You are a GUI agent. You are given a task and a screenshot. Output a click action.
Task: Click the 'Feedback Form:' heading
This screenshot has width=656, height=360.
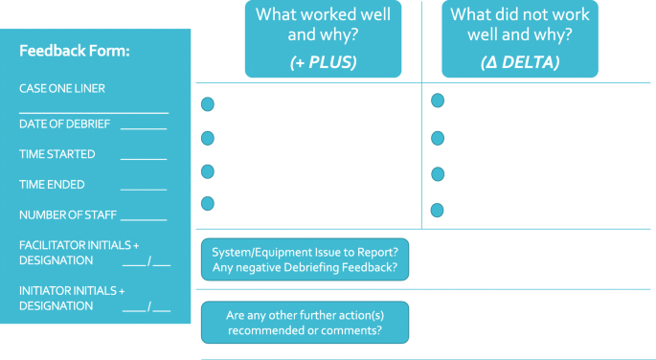pos(75,51)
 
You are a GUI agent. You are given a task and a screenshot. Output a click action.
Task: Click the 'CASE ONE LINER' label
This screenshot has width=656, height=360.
pos(62,88)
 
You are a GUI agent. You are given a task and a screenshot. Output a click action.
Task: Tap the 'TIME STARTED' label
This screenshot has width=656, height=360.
pos(57,154)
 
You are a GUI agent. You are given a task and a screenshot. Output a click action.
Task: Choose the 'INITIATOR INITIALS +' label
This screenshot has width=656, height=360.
pos(73,290)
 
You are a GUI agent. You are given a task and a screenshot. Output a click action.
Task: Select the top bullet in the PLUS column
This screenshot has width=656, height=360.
pos(207,104)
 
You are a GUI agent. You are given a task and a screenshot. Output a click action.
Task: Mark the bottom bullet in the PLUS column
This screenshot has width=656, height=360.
pos(207,203)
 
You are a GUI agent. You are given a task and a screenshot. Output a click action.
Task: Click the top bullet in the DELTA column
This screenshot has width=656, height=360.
pos(438,101)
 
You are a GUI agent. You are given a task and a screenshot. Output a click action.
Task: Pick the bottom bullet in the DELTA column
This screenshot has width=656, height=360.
pos(438,210)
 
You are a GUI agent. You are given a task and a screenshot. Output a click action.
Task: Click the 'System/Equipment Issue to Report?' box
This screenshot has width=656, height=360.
pos(305,259)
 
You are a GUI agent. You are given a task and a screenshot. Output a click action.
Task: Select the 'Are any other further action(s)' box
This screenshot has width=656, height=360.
pos(305,323)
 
